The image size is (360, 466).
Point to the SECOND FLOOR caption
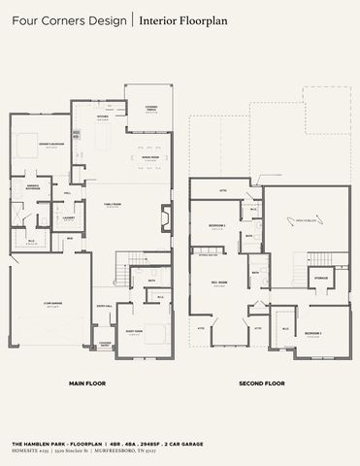(261, 383)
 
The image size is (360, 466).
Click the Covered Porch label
(139, 110)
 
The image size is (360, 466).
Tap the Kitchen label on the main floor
(103, 117)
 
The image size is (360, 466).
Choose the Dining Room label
(149, 157)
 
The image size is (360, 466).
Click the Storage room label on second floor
(320, 279)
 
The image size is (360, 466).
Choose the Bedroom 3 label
(312, 333)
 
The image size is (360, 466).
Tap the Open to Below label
(307, 221)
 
